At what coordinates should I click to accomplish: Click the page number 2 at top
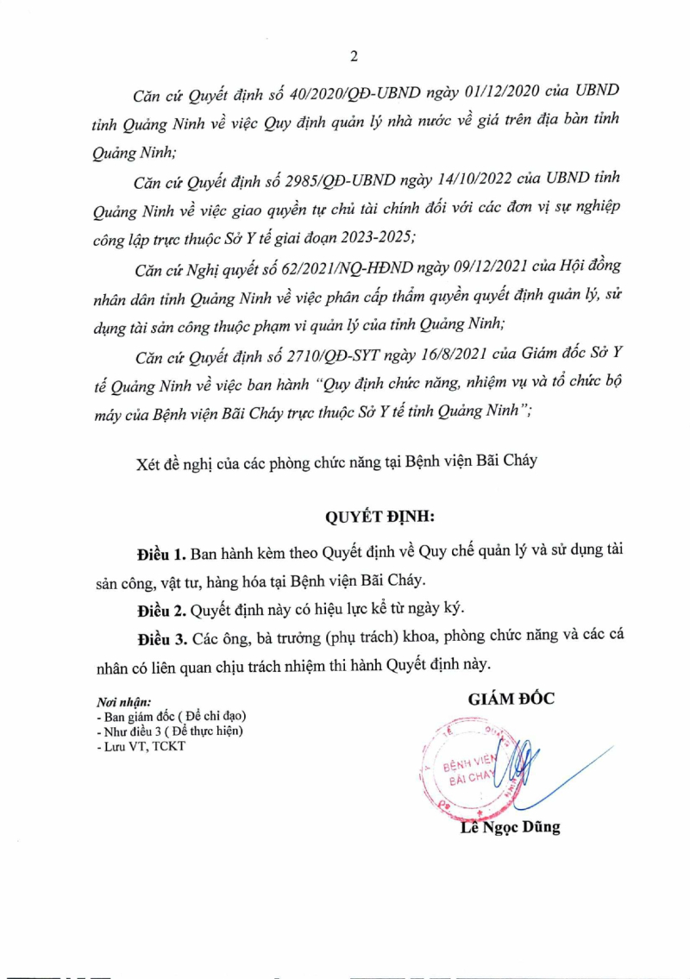tap(354, 57)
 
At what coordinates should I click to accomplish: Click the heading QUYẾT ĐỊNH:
tap(380, 518)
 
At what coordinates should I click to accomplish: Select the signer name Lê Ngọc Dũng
tap(510, 827)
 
